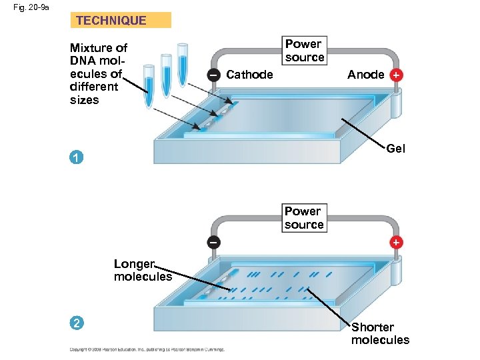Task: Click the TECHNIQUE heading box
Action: pyautogui.click(x=120, y=20)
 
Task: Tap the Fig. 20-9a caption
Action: pyautogui.click(x=25, y=7)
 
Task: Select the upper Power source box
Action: pyautogui.click(x=305, y=51)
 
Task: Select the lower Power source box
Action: pyautogui.click(x=304, y=218)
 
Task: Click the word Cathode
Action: pyautogui.click(x=249, y=75)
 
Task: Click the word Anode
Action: pyautogui.click(x=365, y=75)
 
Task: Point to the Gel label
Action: pyautogui.click(x=395, y=149)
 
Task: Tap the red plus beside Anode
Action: pyautogui.click(x=396, y=75)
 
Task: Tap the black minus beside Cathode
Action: pyautogui.click(x=212, y=75)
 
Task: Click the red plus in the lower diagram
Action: pyautogui.click(x=396, y=242)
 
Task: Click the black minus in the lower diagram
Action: pyautogui.click(x=212, y=242)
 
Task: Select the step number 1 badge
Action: pyautogui.click(x=77, y=158)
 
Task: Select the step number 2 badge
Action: pyautogui.click(x=77, y=324)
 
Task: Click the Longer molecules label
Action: pyautogui.click(x=142, y=270)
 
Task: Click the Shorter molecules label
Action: pyautogui.click(x=380, y=333)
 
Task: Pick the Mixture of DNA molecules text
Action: pyautogui.click(x=98, y=73)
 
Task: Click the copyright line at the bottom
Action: pyautogui.click(x=147, y=349)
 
